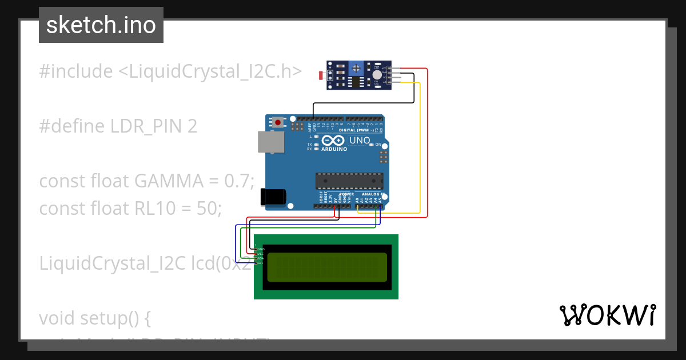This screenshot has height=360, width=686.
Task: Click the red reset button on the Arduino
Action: [278, 122]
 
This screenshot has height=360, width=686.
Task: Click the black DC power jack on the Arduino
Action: [272, 197]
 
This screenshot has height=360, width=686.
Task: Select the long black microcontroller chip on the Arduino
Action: [349, 181]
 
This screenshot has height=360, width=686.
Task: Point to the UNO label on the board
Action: [360, 141]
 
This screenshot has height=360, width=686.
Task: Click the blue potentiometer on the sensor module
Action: [356, 69]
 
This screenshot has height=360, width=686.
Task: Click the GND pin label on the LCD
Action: [261, 249]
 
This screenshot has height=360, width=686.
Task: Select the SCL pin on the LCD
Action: [261, 263]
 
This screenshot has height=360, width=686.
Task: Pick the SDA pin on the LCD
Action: [261, 258]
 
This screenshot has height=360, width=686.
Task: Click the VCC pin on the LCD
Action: [261, 254]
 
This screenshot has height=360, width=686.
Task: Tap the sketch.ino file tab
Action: [101, 25]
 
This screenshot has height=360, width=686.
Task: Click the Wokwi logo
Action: [607, 315]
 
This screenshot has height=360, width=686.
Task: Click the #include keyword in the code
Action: [76, 71]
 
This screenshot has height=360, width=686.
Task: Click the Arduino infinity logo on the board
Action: [334, 141]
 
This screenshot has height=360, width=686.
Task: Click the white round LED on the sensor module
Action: [376, 74]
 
